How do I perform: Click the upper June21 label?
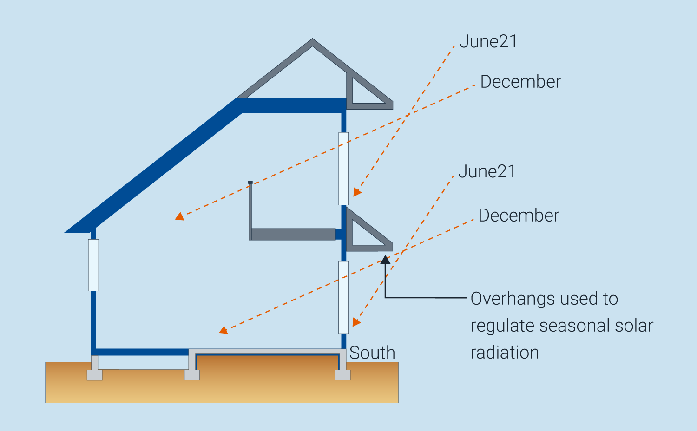pyautogui.click(x=488, y=42)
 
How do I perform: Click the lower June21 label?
pyautogui.click(x=487, y=172)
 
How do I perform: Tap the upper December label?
pyautogui.click(x=520, y=82)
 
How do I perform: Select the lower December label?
pyautogui.click(x=519, y=215)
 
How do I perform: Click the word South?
pyautogui.click(x=372, y=353)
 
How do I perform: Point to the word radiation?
pyautogui.click(x=505, y=353)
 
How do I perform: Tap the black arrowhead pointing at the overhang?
pyautogui.click(x=385, y=260)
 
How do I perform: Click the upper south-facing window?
pyautogui.click(x=343, y=169)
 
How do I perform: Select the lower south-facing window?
pyautogui.click(x=343, y=297)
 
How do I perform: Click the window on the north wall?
pyautogui.click(x=93, y=265)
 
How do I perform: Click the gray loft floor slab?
pyautogui.click(x=293, y=234)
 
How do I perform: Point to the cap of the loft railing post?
pyautogui.click(x=250, y=183)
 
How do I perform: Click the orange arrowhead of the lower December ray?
pyautogui.click(x=224, y=330)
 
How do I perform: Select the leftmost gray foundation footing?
pyautogui.click(x=95, y=374)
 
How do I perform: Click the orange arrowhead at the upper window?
pyautogui.click(x=356, y=192)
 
